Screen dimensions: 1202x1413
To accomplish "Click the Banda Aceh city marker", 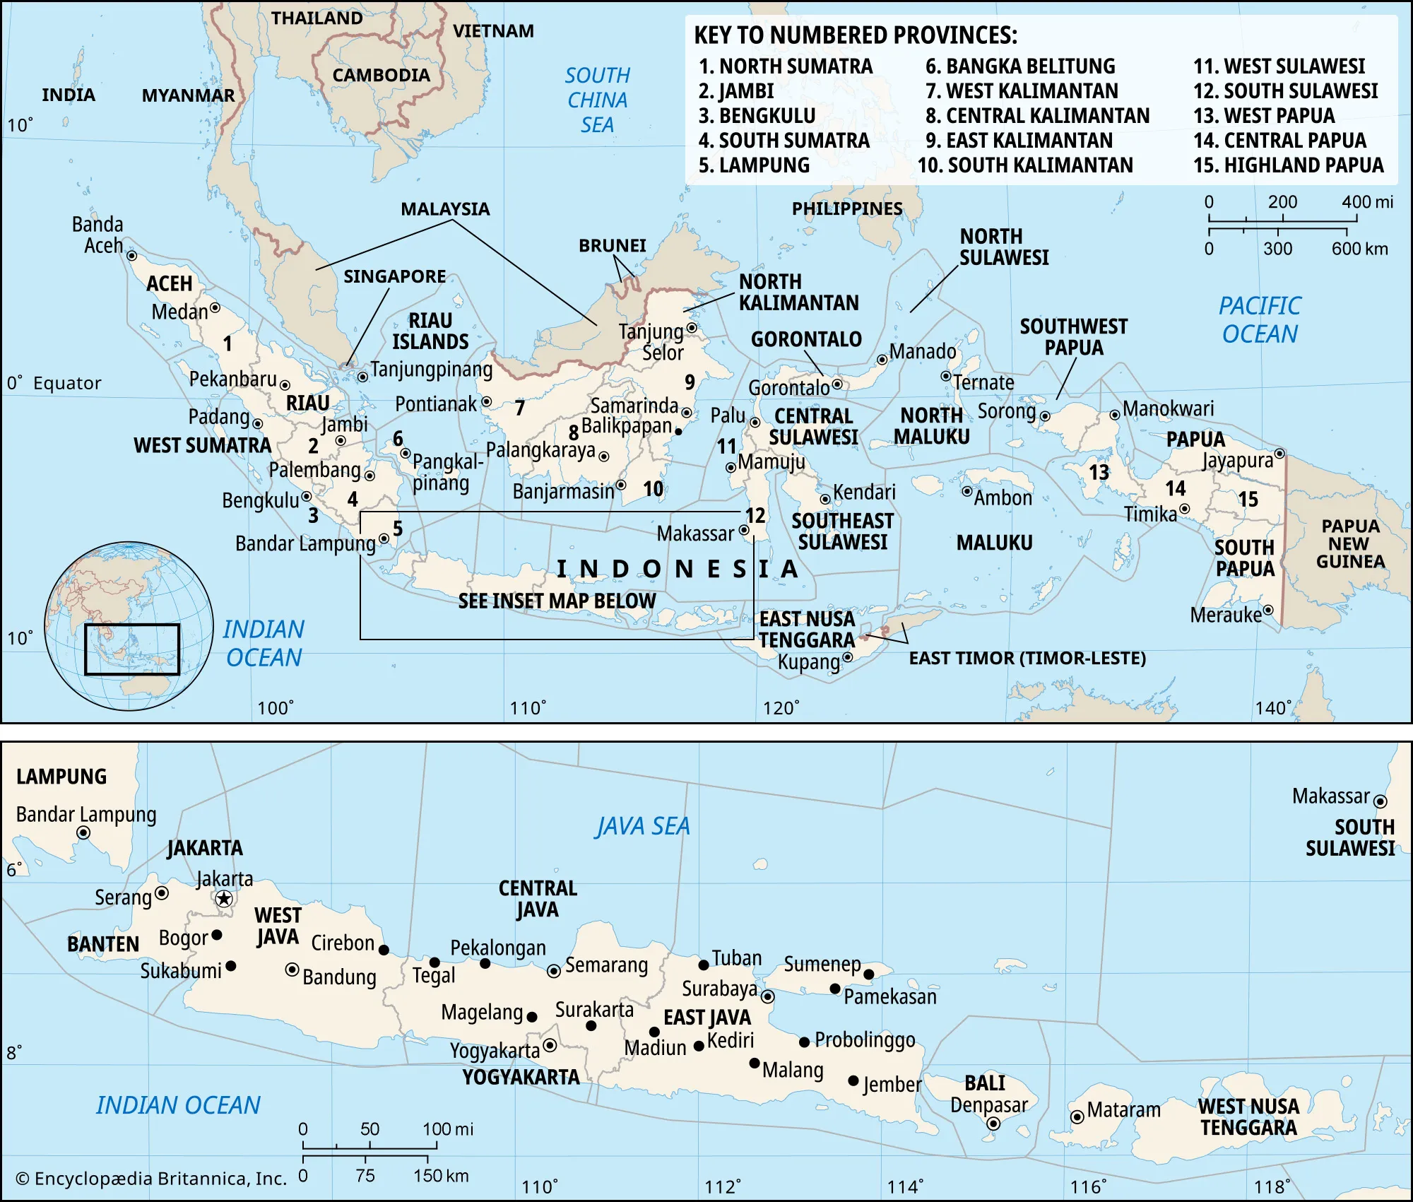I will click(x=131, y=256).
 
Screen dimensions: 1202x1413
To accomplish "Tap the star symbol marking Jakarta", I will click(x=224, y=899).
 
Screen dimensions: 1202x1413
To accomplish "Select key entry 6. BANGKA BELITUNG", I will click(x=1020, y=66).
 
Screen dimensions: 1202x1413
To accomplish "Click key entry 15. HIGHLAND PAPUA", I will click(x=1288, y=165).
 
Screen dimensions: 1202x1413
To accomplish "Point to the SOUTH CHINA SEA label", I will click(x=597, y=100).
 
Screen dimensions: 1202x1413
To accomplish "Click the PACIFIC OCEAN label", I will click(x=1260, y=319).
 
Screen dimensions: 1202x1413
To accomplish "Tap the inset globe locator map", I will click(x=129, y=626).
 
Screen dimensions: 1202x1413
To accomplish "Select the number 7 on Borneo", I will click(x=520, y=408).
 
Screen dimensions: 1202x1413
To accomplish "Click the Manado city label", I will click(x=922, y=351).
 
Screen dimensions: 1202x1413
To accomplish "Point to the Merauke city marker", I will click(x=1268, y=610).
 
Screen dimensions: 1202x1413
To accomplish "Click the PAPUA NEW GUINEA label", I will click(x=1350, y=543).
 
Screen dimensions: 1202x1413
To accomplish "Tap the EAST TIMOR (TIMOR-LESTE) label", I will click(x=1027, y=658).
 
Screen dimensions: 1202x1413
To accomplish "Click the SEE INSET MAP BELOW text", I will click(x=557, y=601).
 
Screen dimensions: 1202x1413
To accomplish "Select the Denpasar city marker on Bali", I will click(x=993, y=1124).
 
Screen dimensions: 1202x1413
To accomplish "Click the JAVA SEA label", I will click(x=642, y=826).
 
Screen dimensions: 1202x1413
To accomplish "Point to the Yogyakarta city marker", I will click(x=550, y=1045).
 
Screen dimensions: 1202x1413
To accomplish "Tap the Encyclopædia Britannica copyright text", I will click(x=151, y=1179).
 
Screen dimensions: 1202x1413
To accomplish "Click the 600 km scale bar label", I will click(x=1359, y=249).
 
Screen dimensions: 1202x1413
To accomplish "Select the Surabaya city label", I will click(x=719, y=988).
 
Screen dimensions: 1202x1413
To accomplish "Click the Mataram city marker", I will click(x=1077, y=1117).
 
